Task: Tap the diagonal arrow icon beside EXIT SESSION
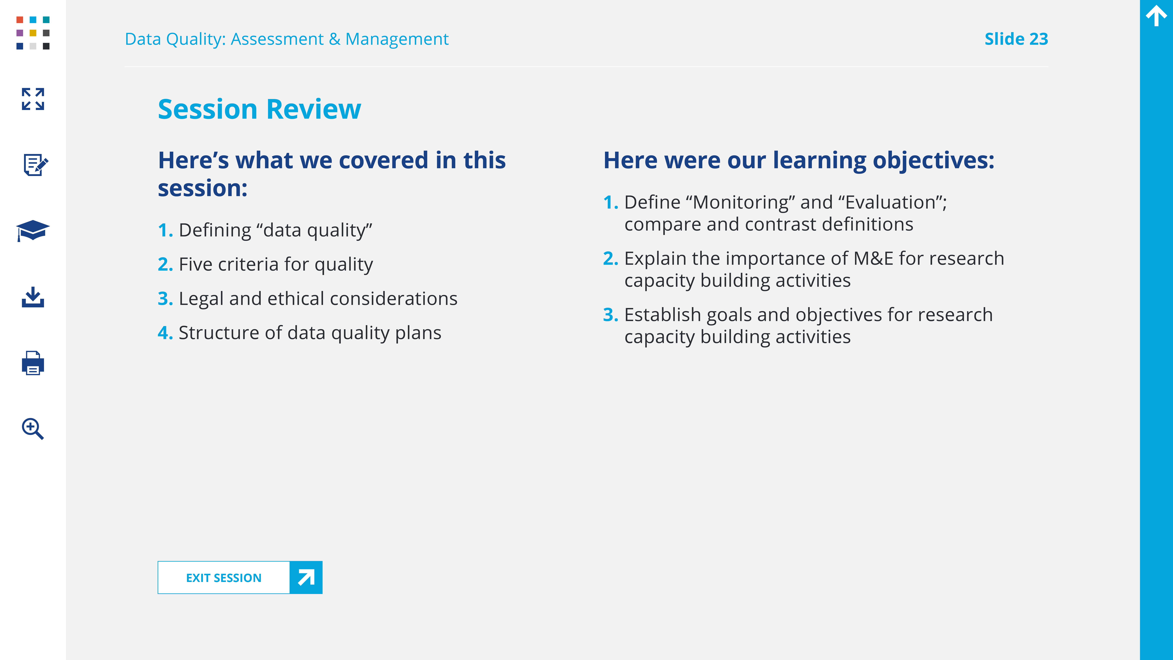click(x=306, y=578)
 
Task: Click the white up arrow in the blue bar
click(x=1156, y=16)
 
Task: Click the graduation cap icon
click(x=33, y=230)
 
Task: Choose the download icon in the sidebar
click(x=33, y=297)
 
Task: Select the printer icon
click(x=33, y=363)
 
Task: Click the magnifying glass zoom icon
click(x=33, y=429)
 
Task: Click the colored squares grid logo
click(x=33, y=33)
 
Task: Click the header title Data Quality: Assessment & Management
click(x=287, y=39)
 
